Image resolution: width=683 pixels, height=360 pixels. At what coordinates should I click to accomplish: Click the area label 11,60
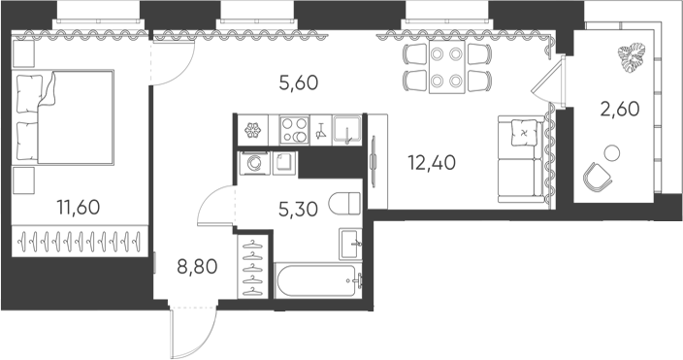pyautogui.click(x=79, y=208)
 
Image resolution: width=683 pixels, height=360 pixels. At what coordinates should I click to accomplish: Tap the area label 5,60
pyautogui.click(x=299, y=82)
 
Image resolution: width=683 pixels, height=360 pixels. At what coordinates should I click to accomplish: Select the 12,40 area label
pyautogui.click(x=432, y=163)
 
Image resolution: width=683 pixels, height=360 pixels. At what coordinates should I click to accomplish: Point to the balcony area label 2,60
pyautogui.click(x=620, y=109)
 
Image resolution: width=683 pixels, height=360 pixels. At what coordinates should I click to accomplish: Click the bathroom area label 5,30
pyautogui.click(x=299, y=210)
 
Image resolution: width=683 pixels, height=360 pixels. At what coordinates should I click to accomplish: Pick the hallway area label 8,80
pyautogui.click(x=197, y=266)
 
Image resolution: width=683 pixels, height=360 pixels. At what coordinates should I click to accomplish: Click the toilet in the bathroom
pyautogui.click(x=344, y=204)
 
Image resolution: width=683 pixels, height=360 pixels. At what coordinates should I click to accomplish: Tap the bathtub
pyautogui.click(x=318, y=280)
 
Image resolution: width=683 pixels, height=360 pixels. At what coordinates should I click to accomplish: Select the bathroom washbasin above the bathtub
pyautogui.click(x=350, y=244)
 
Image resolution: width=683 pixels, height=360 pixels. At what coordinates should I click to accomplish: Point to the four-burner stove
pyautogui.click(x=294, y=130)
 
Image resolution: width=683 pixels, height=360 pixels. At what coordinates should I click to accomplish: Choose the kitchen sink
pyautogui.click(x=347, y=130)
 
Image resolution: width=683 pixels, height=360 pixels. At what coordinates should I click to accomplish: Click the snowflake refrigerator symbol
pyautogui.click(x=252, y=130)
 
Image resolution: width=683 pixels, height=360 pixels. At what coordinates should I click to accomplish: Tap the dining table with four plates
pyautogui.click(x=447, y=67)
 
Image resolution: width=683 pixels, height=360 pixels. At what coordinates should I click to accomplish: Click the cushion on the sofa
pyautogui.click(x=523, y=132)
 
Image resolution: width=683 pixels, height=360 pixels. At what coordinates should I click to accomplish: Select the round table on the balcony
pyautogui.click(x=612, y=152)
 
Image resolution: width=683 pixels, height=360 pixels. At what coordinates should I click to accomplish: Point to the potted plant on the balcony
pyautogui.click(x=633, y=56)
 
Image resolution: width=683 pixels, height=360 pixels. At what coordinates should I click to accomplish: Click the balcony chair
pyautogui.click(x=598, y=176)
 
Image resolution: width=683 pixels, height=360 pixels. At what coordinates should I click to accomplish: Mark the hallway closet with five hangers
pyautogui.click(x=255, y=267)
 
